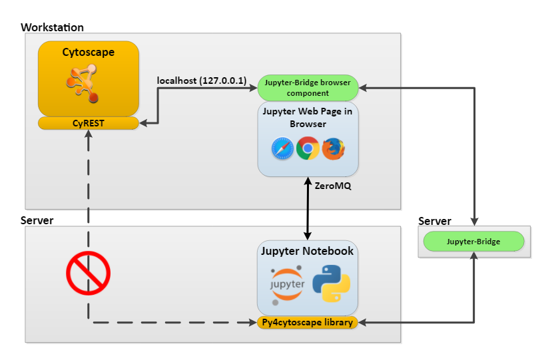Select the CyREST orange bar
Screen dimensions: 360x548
click(x=88, y=123)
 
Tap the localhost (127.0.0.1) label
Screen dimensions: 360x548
click(x=201, y=81)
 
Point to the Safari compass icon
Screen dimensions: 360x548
click(x=282, y=149)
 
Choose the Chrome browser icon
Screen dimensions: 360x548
click(x=308, y=148)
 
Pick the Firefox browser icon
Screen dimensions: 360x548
click(x=334, y=148)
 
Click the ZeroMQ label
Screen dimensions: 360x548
click(x=333, y=186)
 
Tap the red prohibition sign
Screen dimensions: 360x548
click(x=88, y=273)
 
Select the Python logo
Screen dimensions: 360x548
click(x=331, y=283)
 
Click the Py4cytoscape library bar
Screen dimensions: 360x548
click(x=308, y=323)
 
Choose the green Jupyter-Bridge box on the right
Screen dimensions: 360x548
click(x=473, y=242)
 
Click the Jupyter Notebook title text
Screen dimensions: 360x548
click(x=308, y=252)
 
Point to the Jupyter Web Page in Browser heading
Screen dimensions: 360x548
click(x=308, y=118)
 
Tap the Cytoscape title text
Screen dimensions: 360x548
click(x=88, y=52)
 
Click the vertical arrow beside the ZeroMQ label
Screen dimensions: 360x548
click(x=308, y=206)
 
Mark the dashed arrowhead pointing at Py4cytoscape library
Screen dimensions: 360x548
click(x=252, y=323)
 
